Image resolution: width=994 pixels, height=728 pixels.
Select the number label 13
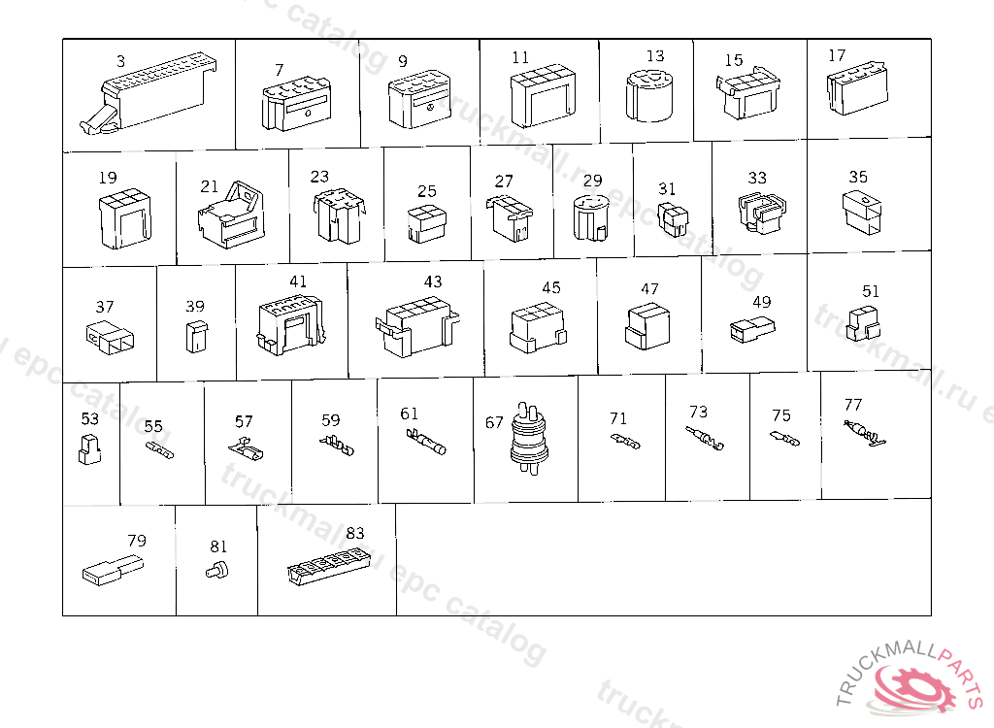tap(655, 56)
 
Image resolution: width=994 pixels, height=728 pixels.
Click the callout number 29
tap(592, 181)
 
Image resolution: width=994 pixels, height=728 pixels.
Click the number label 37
tap(104, 307)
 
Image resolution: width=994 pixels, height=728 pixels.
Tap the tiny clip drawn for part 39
tap(195, 335)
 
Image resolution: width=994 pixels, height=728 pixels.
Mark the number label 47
tap(649, 289)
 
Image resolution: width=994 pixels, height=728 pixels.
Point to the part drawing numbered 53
tap(88, 448)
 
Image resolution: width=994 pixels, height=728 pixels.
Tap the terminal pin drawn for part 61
tap(427, 442)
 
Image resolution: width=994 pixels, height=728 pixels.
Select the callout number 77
tap(853, 405)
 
